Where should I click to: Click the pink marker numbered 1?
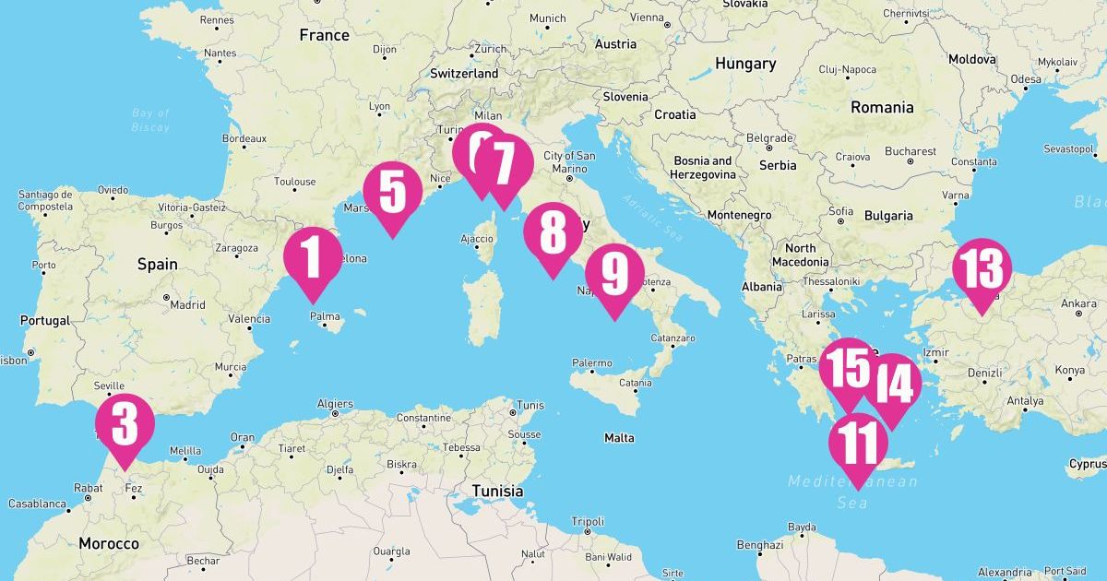click(313, 257)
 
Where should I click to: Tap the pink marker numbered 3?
click(125, 424)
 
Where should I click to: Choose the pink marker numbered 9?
click(614, 274)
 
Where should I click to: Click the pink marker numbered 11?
click(858, 444)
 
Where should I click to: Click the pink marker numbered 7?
click(505, 164)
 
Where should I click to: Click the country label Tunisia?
click(498, 491)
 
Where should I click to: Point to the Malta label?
click(619, 438)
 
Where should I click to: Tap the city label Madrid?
click(187, 304)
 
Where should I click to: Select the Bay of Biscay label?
click(150, 120)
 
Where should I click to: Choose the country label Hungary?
click(744, 65)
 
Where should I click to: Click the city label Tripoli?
click(588, 521)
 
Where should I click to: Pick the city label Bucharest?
click(910, 151)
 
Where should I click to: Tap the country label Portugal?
click(44, 321)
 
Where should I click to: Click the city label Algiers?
click(335, 404)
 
